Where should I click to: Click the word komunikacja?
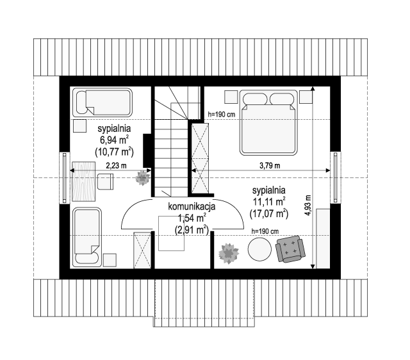192,206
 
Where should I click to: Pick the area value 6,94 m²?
114,140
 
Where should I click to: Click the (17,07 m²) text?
269,213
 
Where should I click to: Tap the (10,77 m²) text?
114,152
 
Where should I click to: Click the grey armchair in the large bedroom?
290,249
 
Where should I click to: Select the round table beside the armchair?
259,249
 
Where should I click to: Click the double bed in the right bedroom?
268,122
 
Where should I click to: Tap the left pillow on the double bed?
255,99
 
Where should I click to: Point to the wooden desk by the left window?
84,181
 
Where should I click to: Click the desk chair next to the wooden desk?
105,181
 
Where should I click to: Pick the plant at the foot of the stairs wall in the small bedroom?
142,178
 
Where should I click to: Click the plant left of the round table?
229,253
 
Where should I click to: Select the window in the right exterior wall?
336,177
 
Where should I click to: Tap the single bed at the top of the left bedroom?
102,102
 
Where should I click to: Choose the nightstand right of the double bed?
306,97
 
